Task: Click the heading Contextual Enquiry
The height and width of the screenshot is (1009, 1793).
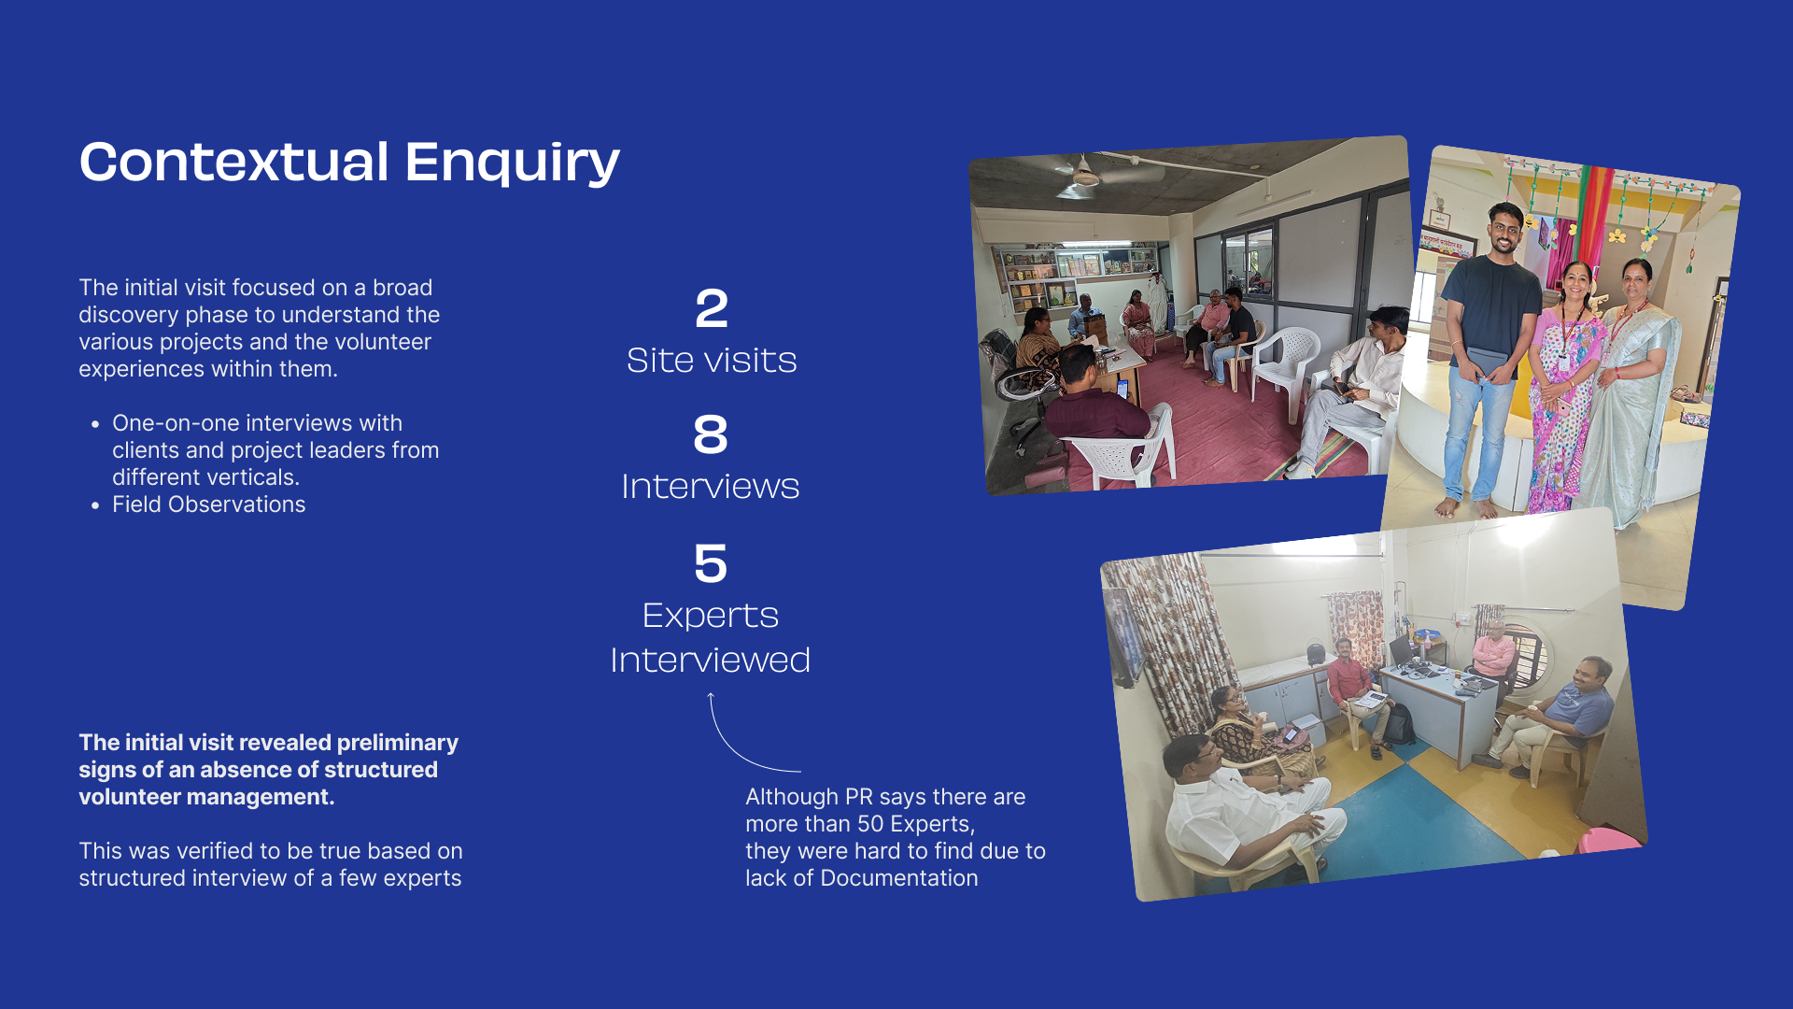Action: point(349,163)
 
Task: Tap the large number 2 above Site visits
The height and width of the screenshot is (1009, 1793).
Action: point(712,308)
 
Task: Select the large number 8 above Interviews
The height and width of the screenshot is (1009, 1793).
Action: point(711,434)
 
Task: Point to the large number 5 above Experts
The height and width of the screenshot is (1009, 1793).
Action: point(711,563)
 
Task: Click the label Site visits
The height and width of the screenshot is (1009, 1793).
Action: point(712,361)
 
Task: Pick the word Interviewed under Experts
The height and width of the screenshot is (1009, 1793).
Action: point(711,661)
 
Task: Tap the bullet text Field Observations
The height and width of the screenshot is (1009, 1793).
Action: point(209,504)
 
